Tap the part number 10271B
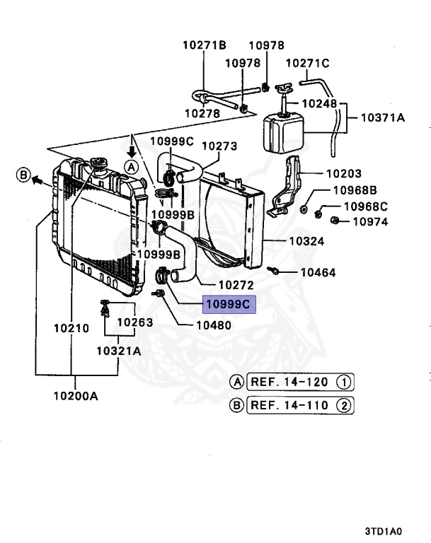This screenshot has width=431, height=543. click(x=205, y=45)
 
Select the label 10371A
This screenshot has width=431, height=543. click(x=383, y=118)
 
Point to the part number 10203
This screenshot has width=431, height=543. click(x=344, y=173)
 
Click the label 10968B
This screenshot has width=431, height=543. click(x=355, y=190)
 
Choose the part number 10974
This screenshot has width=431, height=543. click(x=370, y=221)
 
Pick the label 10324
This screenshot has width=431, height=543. click(x=306, y=241)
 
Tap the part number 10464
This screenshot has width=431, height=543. click(x=318, y=272)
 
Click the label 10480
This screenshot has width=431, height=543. click(x=214, y=326)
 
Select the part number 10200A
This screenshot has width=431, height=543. click(x=75, y=395)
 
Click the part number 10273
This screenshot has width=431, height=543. click(x=219, y=146)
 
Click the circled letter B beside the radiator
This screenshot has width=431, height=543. click(x=23, y=174)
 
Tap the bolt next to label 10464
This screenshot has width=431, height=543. click(x=273, y=269)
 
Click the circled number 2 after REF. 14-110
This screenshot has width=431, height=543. click(x=343, y=406)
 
